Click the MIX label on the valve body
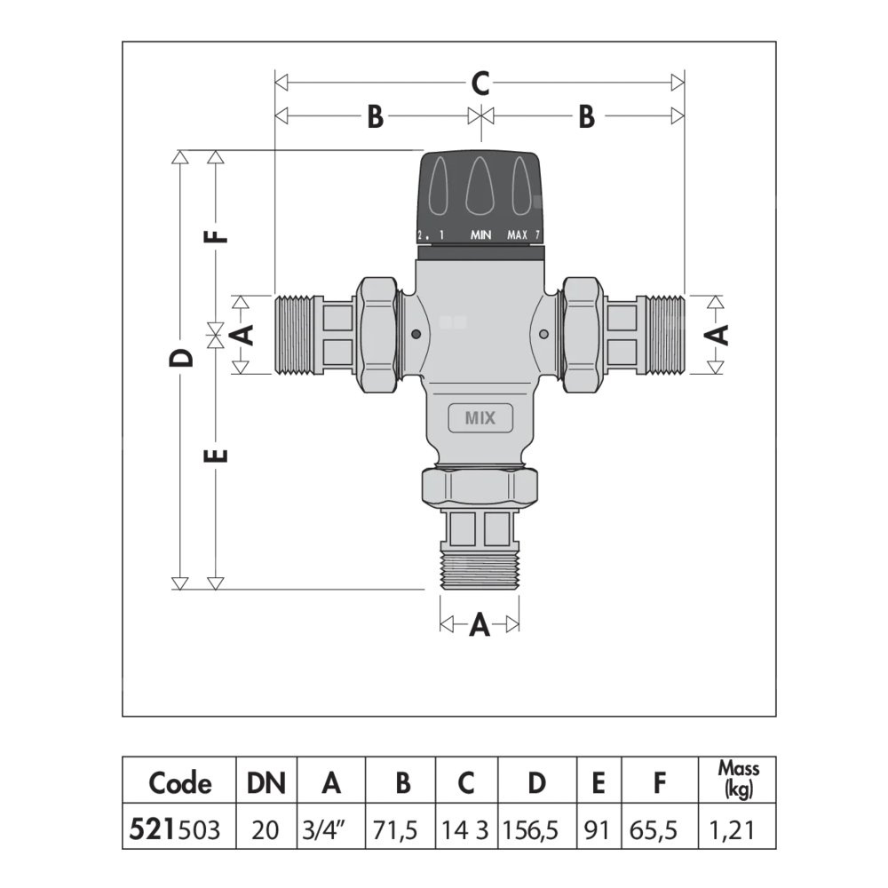479,416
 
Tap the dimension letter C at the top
480,83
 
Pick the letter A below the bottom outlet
480,625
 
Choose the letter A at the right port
718,334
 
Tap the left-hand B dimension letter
375,116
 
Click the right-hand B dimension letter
586,116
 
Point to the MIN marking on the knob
481,235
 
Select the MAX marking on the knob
518,235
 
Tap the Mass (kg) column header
738,780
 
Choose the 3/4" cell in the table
331,830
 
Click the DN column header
266,783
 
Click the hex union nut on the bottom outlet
480,485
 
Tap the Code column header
180,783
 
